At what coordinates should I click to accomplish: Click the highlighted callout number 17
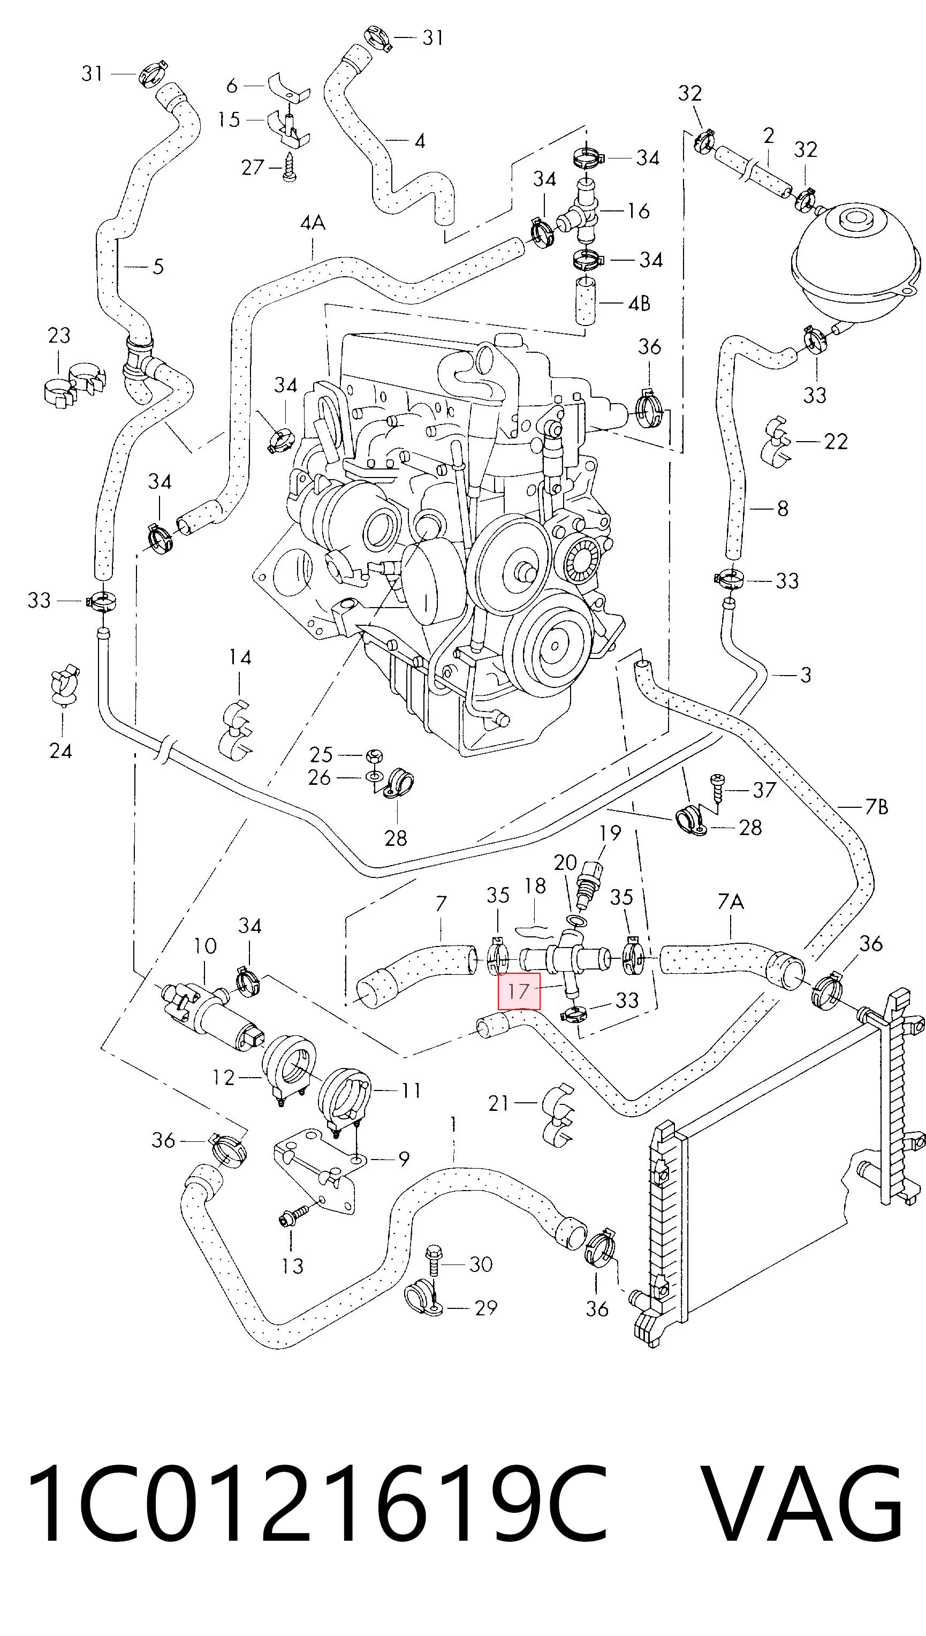(519, 991)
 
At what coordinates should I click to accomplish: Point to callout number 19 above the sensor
(610, 832)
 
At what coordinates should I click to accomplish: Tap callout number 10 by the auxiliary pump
(205, 946)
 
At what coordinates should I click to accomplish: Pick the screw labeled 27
(291, 166)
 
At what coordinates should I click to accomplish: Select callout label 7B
(876, 807)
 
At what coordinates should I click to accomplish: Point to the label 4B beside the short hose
(639, 304)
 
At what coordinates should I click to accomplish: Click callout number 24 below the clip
(61, 751)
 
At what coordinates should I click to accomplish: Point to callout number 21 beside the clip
(499, 1103)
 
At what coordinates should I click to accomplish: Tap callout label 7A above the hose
(731, 902)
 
